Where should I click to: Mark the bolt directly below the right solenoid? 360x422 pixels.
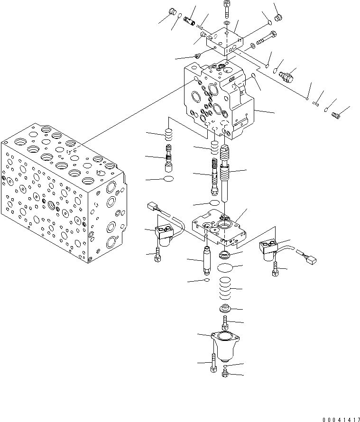point(275,271)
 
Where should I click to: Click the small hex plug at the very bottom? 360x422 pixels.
point(226,375)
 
